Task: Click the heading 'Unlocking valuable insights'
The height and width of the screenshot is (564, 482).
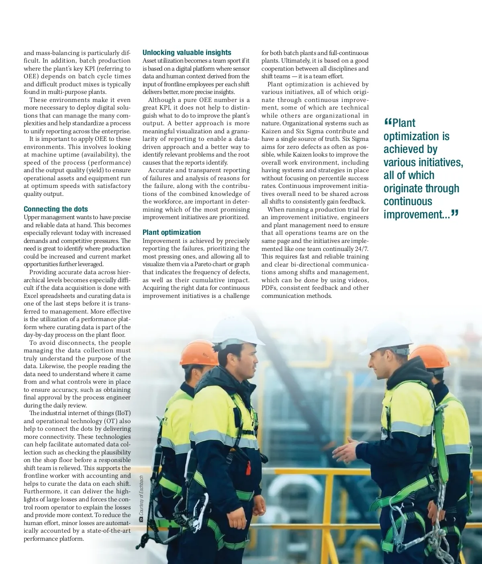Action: (x=187, y=53)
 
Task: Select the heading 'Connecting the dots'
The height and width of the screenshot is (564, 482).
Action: (x=55, y=209)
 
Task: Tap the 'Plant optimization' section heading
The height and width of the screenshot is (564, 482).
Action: (x=172, y=232)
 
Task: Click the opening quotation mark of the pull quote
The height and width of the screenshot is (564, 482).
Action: (x=388, y=122)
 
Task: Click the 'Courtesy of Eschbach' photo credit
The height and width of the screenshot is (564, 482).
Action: (x=141, y=496)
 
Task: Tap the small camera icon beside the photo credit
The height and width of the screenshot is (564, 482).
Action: (x=141, y=519)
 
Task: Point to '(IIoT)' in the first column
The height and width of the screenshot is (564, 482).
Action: (x=123, y=413)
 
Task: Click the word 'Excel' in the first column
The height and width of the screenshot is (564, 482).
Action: (x=31, y=296)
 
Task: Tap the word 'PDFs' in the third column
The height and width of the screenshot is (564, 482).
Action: (x=269, y=288)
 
